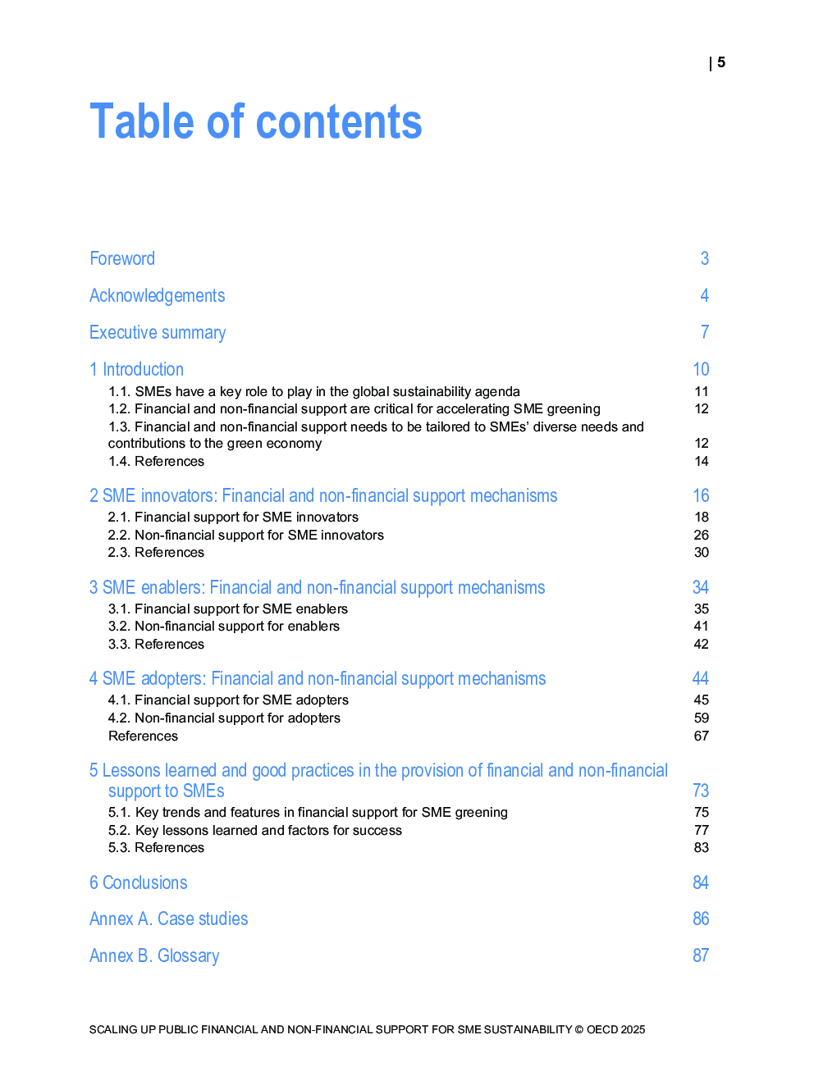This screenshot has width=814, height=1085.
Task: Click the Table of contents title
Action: click(255, 122)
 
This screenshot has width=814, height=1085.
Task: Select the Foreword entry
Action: click(122, 259)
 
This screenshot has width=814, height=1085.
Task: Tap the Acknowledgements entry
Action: click(157, 296)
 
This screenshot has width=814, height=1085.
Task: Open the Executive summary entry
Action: click(158, 333)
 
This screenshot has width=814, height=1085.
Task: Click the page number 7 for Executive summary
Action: click(704, 332)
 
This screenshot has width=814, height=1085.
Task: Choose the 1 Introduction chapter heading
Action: click(137, 370)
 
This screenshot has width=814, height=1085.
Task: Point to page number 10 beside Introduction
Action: click(701, 370)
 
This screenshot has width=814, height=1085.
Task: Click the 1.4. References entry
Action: click(156, 462)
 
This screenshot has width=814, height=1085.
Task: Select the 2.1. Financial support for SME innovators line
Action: click(233, 517)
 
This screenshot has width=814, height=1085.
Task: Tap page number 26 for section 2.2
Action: click(701, 536)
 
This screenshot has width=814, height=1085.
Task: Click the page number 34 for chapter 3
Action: click(700, 588)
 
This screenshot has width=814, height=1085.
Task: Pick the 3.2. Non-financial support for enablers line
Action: click(224, 627)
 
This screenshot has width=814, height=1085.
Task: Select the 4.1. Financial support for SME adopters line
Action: click(228, 700)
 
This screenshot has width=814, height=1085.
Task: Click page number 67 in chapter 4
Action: click(701, 736)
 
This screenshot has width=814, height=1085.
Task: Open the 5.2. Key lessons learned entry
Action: click(255, 831)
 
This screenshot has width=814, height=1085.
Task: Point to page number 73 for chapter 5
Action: click(700, 791)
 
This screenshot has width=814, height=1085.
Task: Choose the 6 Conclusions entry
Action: click(139, 883)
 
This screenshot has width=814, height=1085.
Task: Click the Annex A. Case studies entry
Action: click(169, 919)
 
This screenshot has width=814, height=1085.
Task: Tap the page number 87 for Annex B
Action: click(700, 956)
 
